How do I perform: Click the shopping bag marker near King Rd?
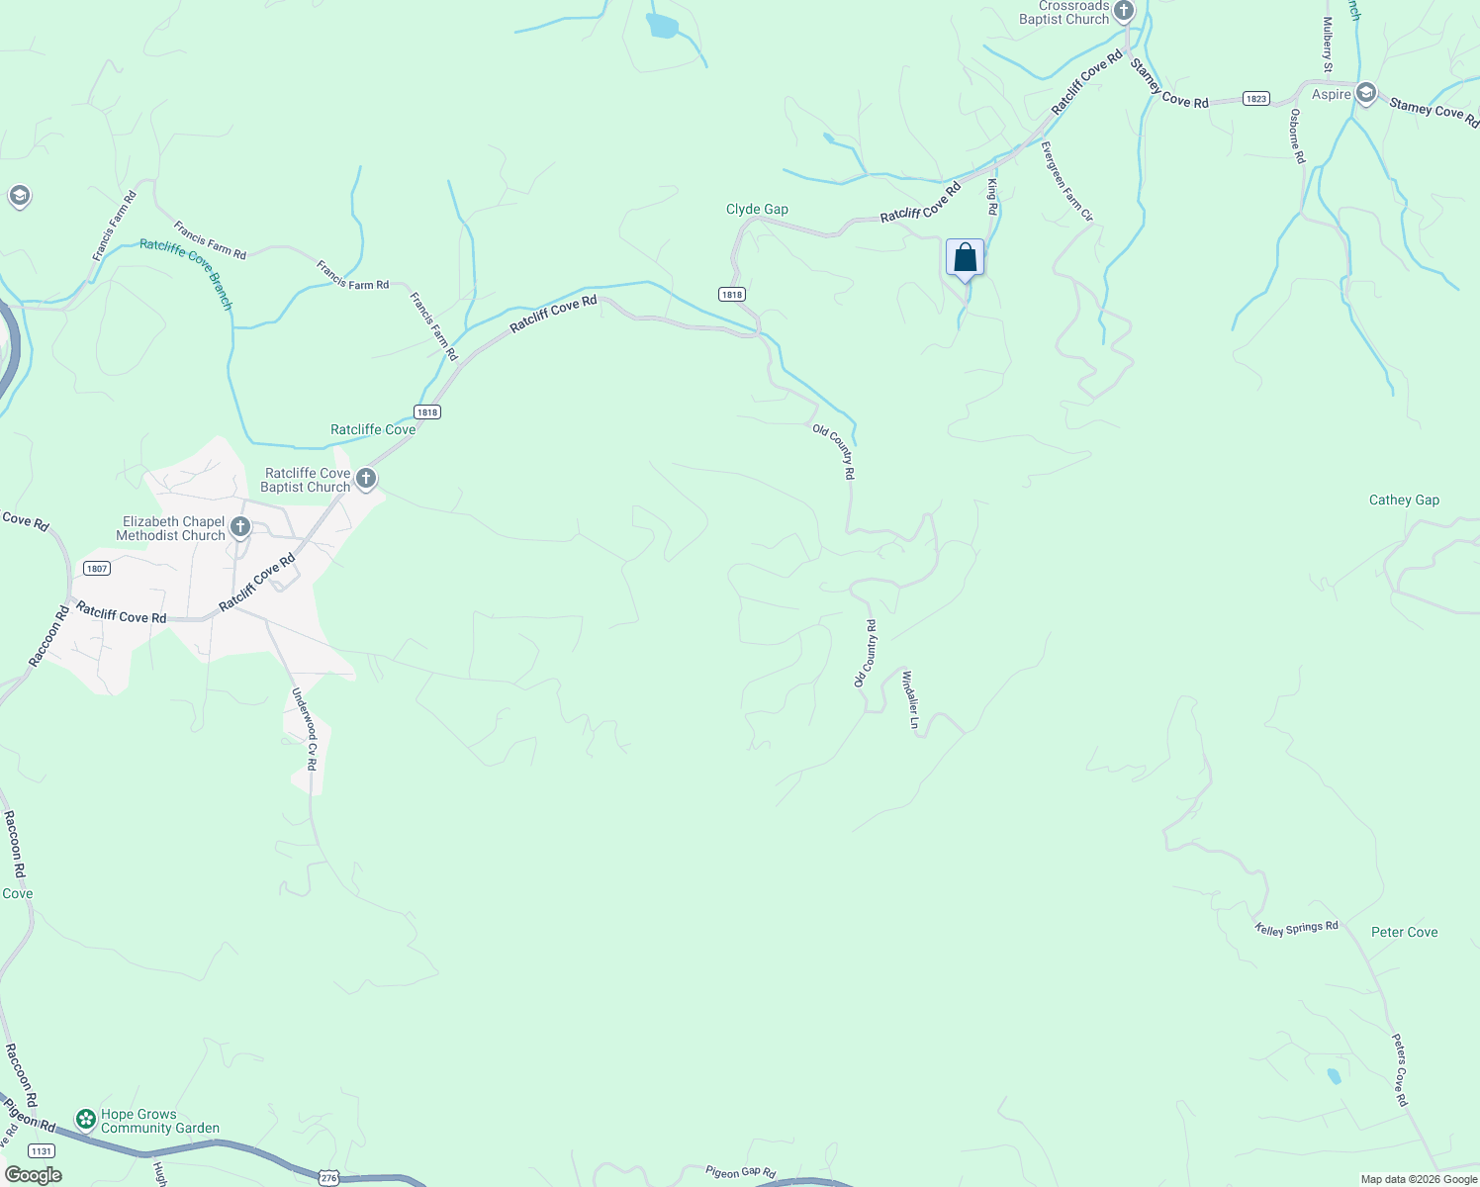pyautogui.click(x=965, y=258)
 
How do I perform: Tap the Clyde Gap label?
pyautogui.click(x=757, y=209)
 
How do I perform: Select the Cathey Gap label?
pyautogui.click(x=1404, y=500)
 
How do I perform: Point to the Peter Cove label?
pyautogui.click(x=1404, y=932)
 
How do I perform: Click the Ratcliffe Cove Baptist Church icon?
pyautogui.click(x=366, y=480)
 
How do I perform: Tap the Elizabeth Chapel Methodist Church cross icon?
pyautogui.click(x=240, y=527)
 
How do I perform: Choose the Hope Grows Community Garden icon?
pyautogui.click(x=86, y=1120)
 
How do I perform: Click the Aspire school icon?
pyautogui.click(x=1366, y=94)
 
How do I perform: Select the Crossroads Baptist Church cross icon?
pyautogui.click(x=1123, y=12)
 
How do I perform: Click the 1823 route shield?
pyautogui.click(x=1256, y=98)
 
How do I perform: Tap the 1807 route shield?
pyautogui.click(x=97, y=568)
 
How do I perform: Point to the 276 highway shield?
pyautogui.click(x=329, y=1178)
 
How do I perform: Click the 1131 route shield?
pyautogui.click(x=42, y=1150)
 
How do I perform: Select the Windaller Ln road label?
pyautogui.click(x=910, y=699)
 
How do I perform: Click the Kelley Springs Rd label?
pyautogui.click(x=1297, y=928)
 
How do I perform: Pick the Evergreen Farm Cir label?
pyautogui.click(x=1066, y=181)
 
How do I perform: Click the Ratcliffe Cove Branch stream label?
pyautogui.click(x=186, y=274)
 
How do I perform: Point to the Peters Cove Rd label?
pyautogui.click(x=1400, y=1069)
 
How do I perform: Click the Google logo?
pyautogui.click(x=34, y=1175)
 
